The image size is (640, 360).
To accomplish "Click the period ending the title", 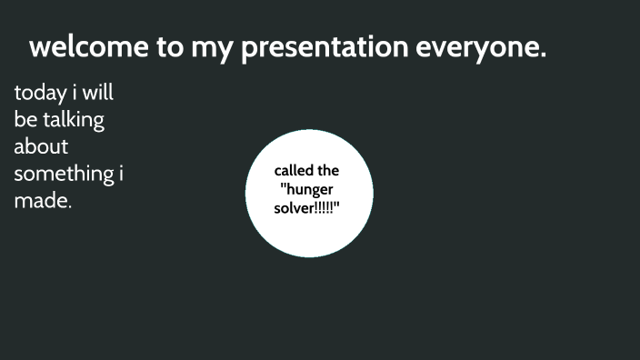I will point(543,56).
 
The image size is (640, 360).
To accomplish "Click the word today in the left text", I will point(40,94).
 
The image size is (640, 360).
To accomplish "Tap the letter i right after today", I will point(75,93).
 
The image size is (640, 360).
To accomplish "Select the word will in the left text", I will point(98,93).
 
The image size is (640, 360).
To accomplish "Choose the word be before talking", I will point(25,120).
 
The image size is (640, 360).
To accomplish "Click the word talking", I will point(74,121).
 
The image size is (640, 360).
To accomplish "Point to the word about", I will point(41,146).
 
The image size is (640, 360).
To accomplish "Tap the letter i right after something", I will point(121,173).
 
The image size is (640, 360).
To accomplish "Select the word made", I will point(42,201).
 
